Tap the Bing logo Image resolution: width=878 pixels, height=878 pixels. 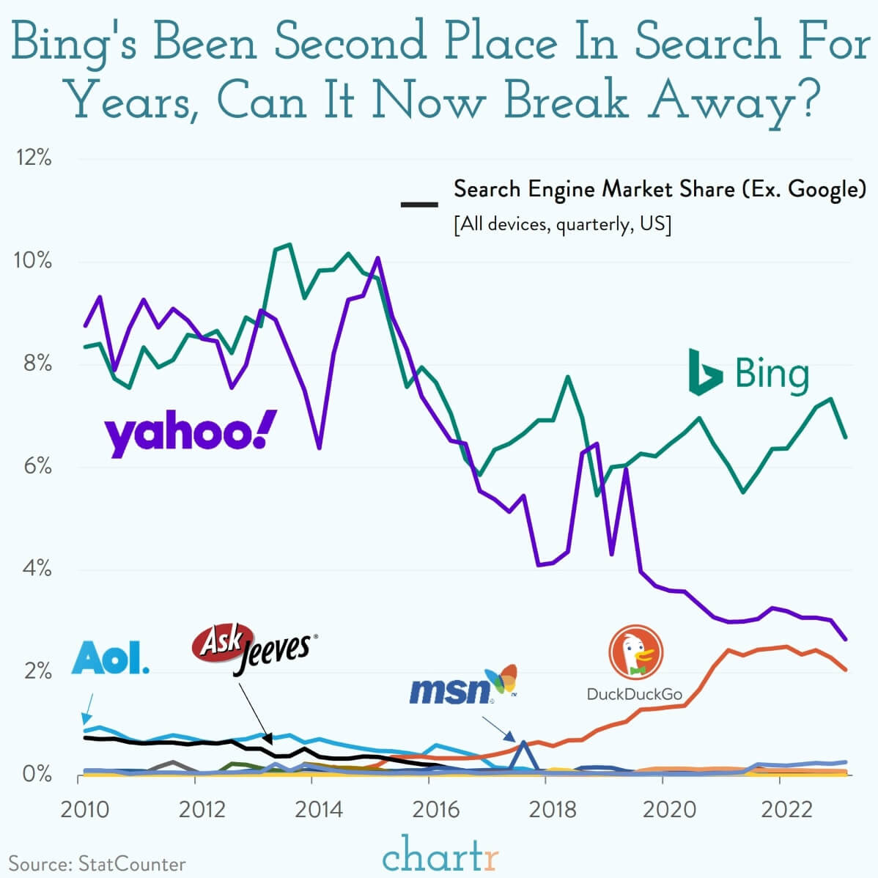click(748, 373)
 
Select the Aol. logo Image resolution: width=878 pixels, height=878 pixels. click(110, 658)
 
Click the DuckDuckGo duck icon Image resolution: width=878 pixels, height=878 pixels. click(635, 652)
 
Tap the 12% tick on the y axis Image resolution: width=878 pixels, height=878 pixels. click(34, 158)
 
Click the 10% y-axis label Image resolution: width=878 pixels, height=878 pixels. click(34, 261)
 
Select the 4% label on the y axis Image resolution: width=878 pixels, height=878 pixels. click(35, 569)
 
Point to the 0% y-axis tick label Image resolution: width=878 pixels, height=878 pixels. click(35, 775)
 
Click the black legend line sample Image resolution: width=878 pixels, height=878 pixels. click(419, 204)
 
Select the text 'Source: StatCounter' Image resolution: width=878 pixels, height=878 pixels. click(97, 864)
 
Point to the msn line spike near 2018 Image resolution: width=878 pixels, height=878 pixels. click(523, 743)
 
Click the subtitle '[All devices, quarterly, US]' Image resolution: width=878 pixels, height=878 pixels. click(562, 224)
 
